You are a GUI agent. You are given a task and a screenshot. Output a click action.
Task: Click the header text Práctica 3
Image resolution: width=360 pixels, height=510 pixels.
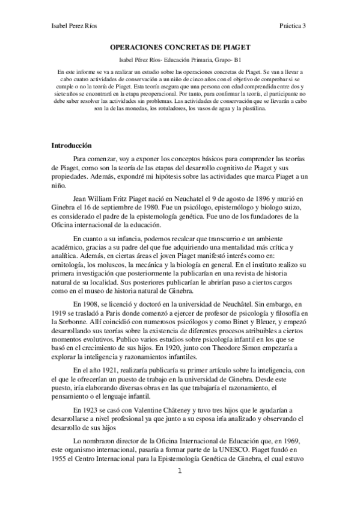click(x=293, y=26)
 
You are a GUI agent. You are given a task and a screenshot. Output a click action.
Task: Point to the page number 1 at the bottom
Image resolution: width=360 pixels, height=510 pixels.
click(x=180, y=488)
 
